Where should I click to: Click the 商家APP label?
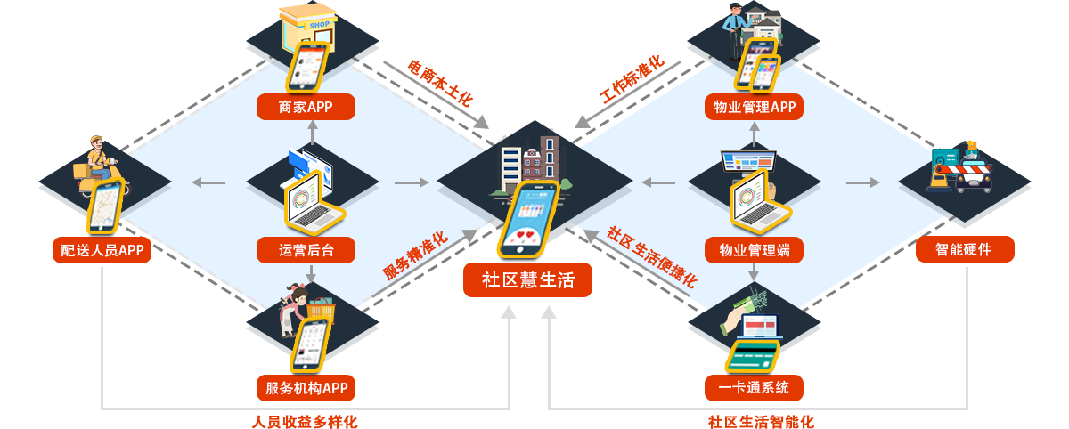306,108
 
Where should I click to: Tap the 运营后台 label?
306,250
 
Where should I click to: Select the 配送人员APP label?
96,250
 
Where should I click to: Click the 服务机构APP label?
306,388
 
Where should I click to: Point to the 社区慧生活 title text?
528,280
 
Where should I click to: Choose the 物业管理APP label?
754,108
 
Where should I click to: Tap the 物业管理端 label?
754,250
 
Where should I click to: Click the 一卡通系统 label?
754,388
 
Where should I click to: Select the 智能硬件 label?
963,250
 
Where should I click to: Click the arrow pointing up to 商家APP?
312,131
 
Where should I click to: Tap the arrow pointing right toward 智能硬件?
862,182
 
